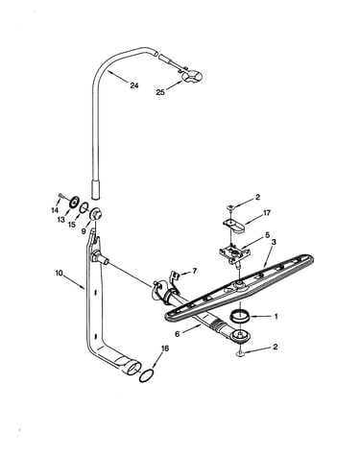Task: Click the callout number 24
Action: point(134,85)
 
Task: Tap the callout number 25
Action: point(160,92)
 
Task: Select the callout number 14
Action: point(55,210)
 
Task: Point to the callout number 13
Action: point(61,220)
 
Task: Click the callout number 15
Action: point(72,225)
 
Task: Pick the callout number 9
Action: point(84,230)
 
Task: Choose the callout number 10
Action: point(59,274)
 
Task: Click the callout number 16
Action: point(164,348)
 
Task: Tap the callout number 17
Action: point(267,212)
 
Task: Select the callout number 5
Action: point(268,235)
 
